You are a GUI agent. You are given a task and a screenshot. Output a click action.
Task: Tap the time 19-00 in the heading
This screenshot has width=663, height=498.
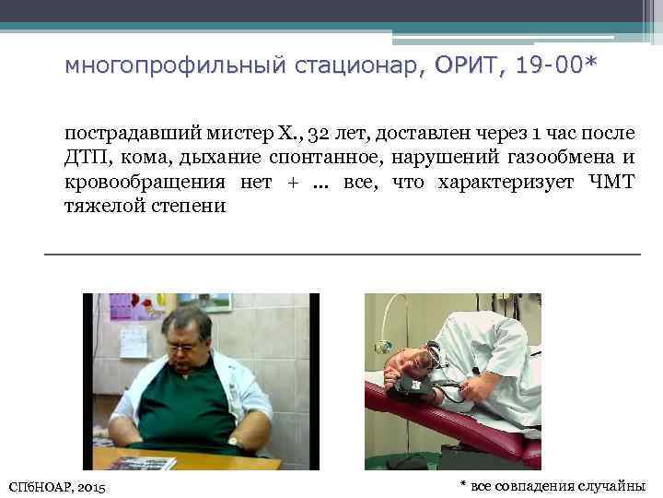(x=541, y=67)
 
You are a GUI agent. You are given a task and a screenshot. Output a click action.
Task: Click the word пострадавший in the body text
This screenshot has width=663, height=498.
(x=124, y=134)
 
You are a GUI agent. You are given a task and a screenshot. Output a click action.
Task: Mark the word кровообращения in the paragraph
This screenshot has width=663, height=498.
(x=145, y=182)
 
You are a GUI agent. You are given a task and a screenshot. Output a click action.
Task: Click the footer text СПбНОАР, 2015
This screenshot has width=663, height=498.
(x=56, y=485)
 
